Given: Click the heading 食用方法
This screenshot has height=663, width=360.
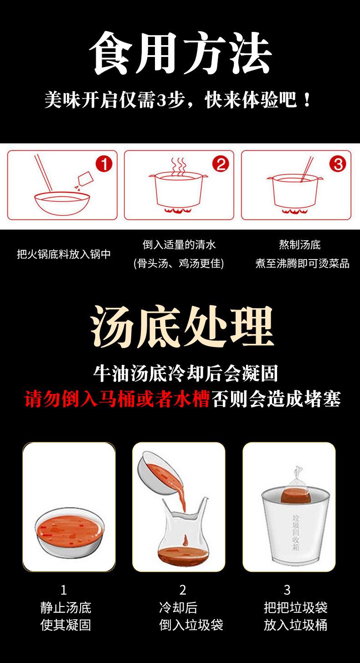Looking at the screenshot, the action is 180,53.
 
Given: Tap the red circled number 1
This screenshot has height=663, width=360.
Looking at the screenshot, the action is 104,164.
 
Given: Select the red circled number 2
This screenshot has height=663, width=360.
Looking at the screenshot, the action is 221,164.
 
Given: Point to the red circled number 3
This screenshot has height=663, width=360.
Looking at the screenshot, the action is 338,164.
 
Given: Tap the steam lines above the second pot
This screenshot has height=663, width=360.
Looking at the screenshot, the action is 179,166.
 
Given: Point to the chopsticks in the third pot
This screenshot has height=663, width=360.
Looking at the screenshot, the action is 307,169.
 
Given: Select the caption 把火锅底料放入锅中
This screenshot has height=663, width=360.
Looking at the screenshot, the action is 64,254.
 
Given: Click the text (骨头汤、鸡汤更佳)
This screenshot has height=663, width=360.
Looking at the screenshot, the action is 179,263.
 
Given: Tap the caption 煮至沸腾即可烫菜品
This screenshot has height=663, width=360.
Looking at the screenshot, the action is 302,263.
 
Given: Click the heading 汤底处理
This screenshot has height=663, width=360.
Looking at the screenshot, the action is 182,326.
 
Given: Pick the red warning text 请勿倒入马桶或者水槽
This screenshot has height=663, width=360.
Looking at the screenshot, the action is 117,399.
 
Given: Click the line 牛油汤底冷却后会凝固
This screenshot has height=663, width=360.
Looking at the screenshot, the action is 185,373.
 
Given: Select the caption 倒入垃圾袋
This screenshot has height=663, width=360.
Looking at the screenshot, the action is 191,625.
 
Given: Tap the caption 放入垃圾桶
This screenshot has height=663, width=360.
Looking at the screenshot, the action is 295,625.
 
